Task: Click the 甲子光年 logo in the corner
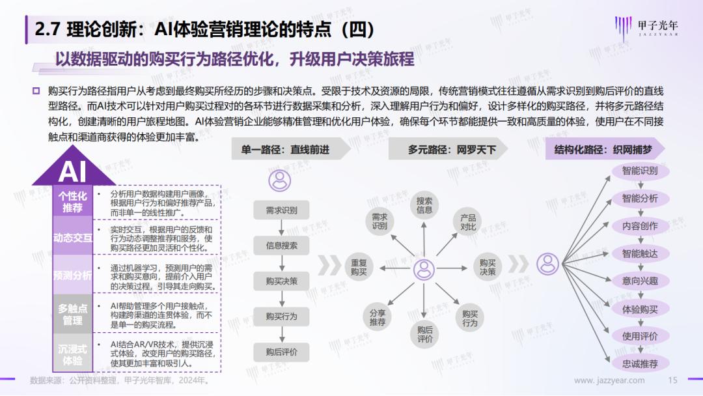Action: (x=646, y=28)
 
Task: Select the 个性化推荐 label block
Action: (x=73, y=202)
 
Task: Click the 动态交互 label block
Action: (x=73, y=237)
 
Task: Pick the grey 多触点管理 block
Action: (x=73, y=314)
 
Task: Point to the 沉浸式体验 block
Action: (x=73, y=354)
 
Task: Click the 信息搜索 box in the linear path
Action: (x=282, y=246)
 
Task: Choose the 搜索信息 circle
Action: (x=424, y=205)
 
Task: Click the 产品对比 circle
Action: (x=467, y=222)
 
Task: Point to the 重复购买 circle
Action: (x=359, y=267)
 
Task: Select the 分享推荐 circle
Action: (x=378, y=317)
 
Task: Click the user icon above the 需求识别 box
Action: (x=280, y=180)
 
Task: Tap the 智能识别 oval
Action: (x=640, y=171)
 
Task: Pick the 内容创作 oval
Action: (x=640, y=226)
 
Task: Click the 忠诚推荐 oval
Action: (x=640, y=363)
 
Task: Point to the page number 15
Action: (x=672, y=380)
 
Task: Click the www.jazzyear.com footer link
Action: (x=609, y=380)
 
